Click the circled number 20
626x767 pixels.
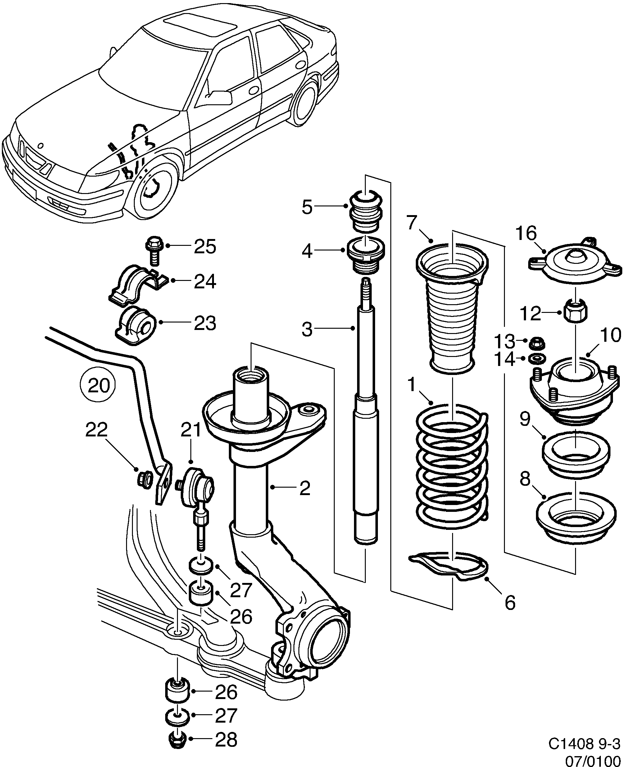pyautogui.click(x=98, y=385)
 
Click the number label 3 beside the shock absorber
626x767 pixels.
pyautogui.click(x=307, y=329)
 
